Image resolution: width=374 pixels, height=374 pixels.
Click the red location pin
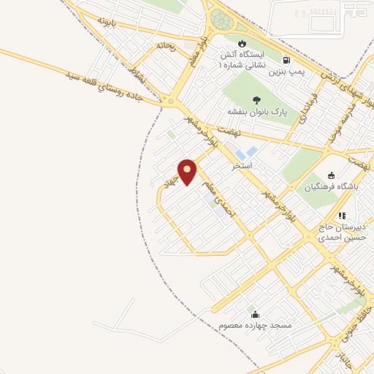coord(188,171)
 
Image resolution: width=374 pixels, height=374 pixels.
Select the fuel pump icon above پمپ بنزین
coord(285,61)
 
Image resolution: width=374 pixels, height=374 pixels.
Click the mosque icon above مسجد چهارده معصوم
coord(253,312)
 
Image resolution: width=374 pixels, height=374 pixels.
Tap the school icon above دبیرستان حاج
coord(341,215)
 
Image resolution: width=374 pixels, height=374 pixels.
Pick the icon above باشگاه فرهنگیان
coord(331,175)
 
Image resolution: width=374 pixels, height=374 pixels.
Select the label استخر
coord(241,167)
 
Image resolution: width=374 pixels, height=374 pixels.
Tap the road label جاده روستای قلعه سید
coord(110,86)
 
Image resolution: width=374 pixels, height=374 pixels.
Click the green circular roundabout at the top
coord(221,20)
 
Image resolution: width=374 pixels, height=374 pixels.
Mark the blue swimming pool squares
coord(248,153)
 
